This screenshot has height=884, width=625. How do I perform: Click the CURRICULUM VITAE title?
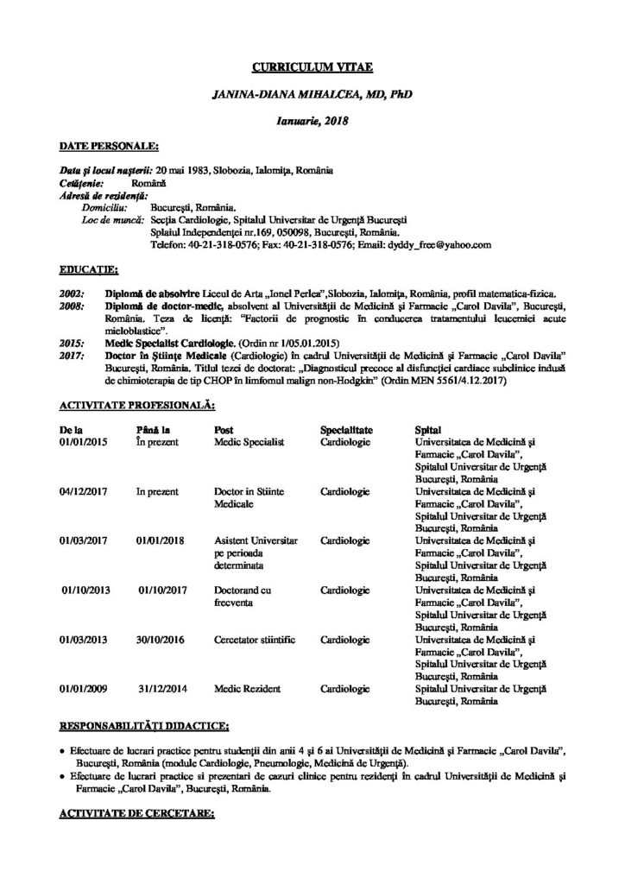click(x=312, y=66)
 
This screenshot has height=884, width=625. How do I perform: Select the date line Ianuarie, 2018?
click(x=312, y=122)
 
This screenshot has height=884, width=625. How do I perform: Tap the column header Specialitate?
click(x=346, y=428)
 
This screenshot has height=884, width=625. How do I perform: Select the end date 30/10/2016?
click(x=161, y=640)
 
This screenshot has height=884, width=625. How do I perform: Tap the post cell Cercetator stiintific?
click(x=254, y=640)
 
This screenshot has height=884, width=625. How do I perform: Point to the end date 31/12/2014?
click(x=161, y=689)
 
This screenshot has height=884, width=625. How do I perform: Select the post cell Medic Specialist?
click(x=249, y=441)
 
